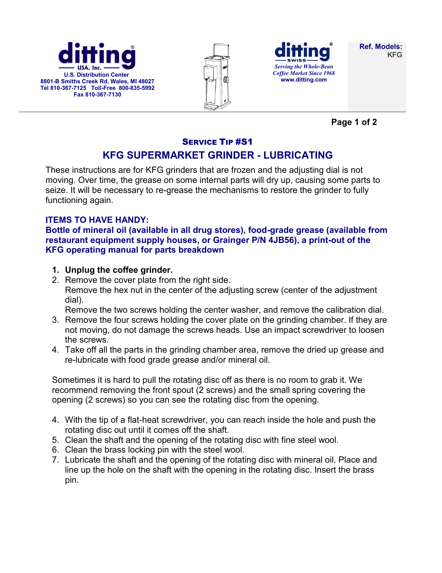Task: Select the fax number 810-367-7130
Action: pyautogui.click(x=103, y=95)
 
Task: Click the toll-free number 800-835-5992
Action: pyautogui.click(x=137, y=88)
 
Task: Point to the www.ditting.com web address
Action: pyautogui.click(x=304, y=80)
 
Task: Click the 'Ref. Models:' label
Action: pyautogui.click(x=381, y=47)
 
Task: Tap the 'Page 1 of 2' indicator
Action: pyautogui.click(x=354, y=122)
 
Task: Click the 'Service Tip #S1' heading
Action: pyautogui.click(x=217, y=142)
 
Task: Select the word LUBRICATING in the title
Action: pyautogui.click(x=298, y=155)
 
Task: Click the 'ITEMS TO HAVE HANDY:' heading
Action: pyautogui.click(x=97, y=220)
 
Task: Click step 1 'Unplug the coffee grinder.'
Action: pyautogui.click(x=119, y=270)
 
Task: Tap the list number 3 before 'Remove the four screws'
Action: pyautogui.click(x=55, y=320)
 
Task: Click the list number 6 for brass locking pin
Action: pyautogui.click(x=55, y=450)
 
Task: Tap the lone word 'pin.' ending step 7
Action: pyautogui.click(x=72, y=480)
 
